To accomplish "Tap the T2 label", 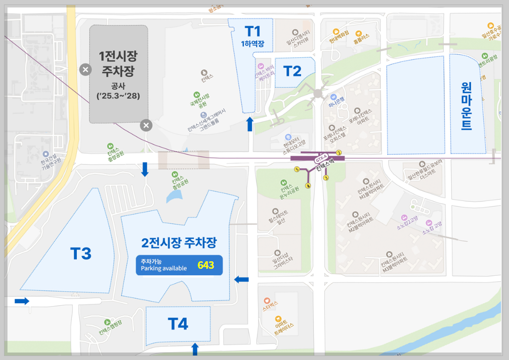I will pyautogui.click(x=292, y=71).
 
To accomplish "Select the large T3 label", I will pyautogui.click(x=81, y=254).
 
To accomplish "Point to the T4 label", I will pyautogui.click(x=178, y=324).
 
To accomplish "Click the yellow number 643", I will pyautogui.click(x=206, y=265).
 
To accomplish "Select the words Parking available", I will pyautogui.click(x=164, y=268).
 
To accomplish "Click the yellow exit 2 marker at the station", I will pyautogui.click(x=339, y=153).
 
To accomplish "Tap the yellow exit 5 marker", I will pyautogui.click(x=297, y=170).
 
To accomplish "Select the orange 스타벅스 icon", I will pyautogui.click(x=266, y=302).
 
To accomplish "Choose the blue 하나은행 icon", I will pyautogui.click(x=334, y=97).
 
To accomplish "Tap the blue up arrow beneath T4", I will pyautogui.click(x=195, y=349).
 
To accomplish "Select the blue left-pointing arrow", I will pyautogui.click(x=242, y=279).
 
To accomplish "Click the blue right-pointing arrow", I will pyautogui.click(x=22, y=301).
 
